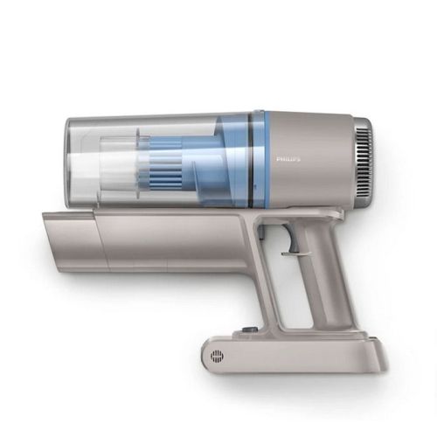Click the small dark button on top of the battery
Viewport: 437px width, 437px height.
click(x=243, y=329)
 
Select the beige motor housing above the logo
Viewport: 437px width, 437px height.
click(x=306, y=131)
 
